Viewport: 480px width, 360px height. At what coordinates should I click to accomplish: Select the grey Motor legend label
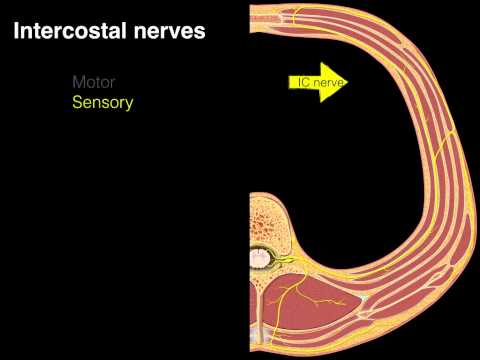click(x=94, y=83)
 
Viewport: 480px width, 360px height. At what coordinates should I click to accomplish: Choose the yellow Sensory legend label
click(x=102, y=102)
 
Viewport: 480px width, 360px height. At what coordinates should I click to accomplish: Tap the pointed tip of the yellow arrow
click(x=349, y=83)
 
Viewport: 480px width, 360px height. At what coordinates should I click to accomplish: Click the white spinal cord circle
click(x=260, y=259)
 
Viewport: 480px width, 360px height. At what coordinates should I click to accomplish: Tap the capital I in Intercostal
click(x=15, y=31)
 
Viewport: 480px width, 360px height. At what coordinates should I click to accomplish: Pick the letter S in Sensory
click(x=76, y=102)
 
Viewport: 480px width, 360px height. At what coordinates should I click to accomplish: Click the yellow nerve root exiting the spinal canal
click(x=284, y=262)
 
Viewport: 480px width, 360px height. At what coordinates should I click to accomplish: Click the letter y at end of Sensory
click(x=129, y=104)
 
